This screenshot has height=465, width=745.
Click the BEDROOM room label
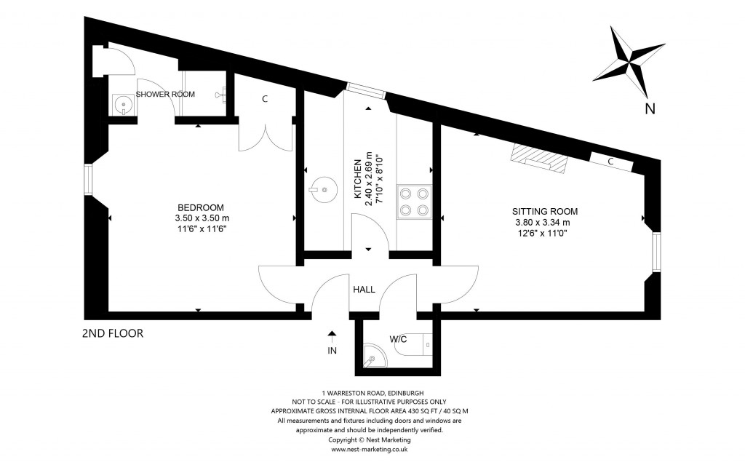[202, 207]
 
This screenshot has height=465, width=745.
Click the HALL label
[364, 290]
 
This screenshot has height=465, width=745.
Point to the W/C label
[398, 338]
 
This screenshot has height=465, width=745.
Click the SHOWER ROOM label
[165, 94]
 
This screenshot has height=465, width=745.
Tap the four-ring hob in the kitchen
[414, 202]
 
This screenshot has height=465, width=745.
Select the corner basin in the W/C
[373, 356]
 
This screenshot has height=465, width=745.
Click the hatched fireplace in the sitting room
[538, 158]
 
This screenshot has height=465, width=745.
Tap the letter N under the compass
[650, 109]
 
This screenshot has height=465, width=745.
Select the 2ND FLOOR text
[113, 334]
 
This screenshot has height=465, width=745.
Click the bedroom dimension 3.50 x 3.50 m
[202, 218]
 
